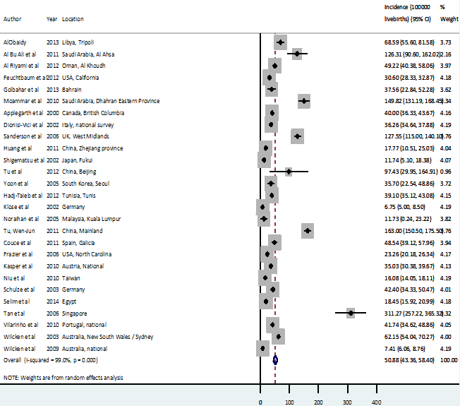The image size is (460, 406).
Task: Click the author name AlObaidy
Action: pyautogui.click(x=16, y=42)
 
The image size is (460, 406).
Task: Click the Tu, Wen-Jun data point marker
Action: pyautogui.click(x=308, y=231)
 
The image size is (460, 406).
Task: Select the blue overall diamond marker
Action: pyautogui.click(x=276, y=360)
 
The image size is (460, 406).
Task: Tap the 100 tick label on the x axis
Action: pyautogui.click(x=289, y=402)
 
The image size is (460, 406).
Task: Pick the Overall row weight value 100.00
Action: pyautogui.click(x=448, y=360)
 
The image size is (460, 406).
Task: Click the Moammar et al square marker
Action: pyautogui.click(x=304, y=101)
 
